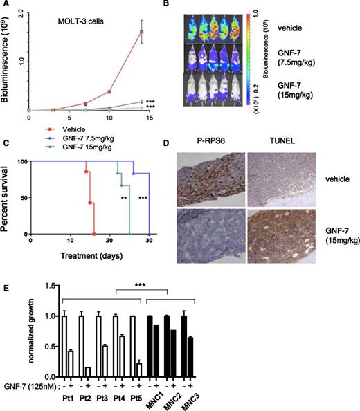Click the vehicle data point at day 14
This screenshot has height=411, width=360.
click(142, 32)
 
